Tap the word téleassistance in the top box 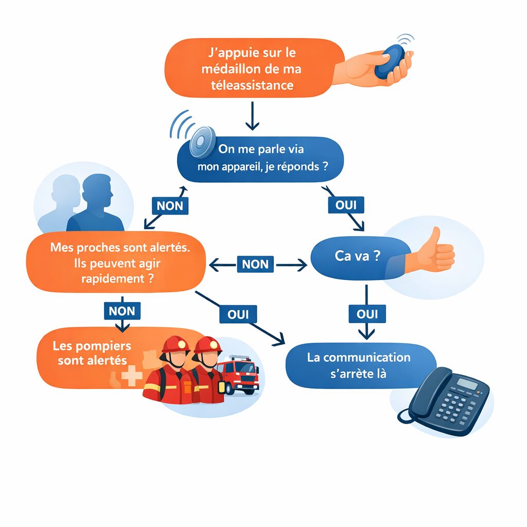[252, 85]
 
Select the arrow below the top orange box [252, 116]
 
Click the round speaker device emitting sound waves [201, 141]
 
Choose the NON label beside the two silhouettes [170, 205]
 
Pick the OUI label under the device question [346, 204]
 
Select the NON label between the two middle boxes [255, 264]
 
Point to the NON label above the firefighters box [122, 310]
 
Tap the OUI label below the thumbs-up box [366, 313]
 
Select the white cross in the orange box [132, 376]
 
